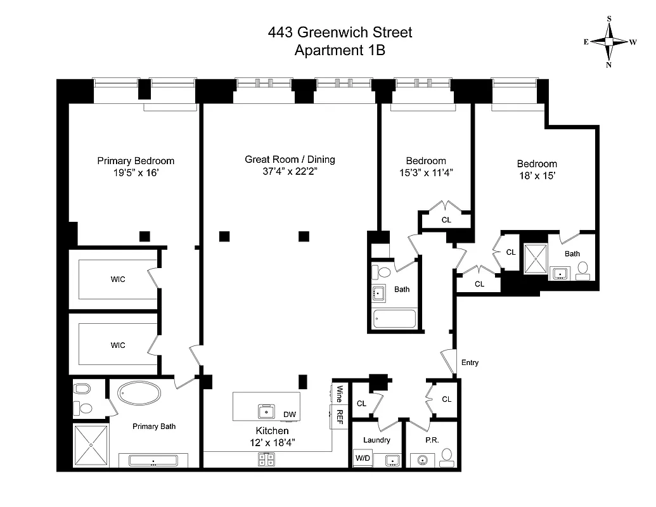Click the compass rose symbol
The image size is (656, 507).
click(609, 42)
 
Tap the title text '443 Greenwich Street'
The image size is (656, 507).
click(340, 32)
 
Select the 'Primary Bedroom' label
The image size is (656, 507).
click(136, 161)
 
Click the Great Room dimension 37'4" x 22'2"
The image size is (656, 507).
click(290, 172)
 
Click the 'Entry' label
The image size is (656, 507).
click(470, 363)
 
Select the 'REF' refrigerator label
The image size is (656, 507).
click(339, 419)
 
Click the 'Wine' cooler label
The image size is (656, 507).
click(339, 394)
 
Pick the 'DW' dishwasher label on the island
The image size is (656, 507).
click(290, 414)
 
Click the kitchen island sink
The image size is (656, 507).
click(266, 411)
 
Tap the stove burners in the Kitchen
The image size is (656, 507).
click(266, 460)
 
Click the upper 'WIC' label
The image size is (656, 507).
click(118, 279)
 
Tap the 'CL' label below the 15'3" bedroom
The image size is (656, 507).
click(446, 220)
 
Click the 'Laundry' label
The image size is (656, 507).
click(376, 440)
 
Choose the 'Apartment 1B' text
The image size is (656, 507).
click(340, 51)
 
